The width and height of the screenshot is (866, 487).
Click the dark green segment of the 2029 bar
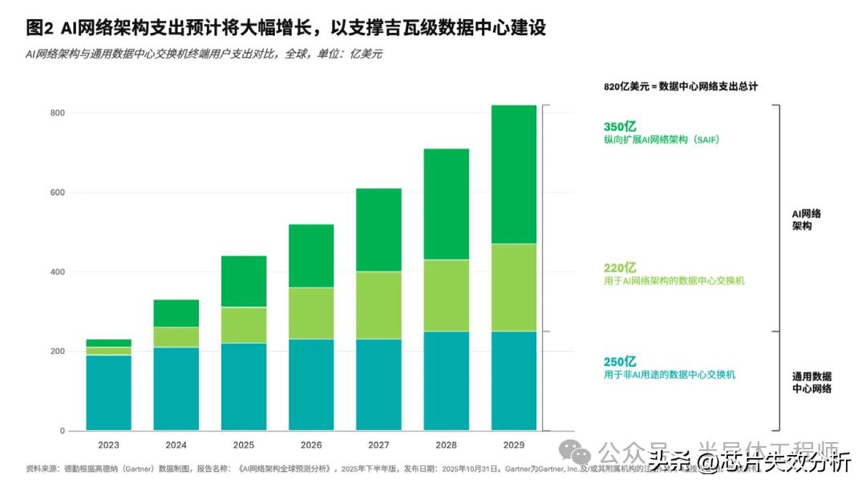pos(513,174)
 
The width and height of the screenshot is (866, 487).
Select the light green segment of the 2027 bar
pos(378,305)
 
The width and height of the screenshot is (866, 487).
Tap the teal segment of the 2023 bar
pos(109,392)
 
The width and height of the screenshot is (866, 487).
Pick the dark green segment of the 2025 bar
pos(244,281)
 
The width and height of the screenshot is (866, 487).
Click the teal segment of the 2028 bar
pos(446,380)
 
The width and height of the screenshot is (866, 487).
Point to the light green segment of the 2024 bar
pos(176,337)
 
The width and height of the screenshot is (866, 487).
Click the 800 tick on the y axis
pos(55,113)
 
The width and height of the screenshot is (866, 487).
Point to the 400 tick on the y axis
pos(55,272)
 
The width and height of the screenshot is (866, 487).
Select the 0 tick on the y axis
pos(61,432)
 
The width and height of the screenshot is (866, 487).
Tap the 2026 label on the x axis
pos(311,444)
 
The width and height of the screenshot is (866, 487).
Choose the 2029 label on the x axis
pos(513,444)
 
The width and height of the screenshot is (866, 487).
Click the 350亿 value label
pos(620,126)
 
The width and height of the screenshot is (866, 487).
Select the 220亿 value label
pos(620,268)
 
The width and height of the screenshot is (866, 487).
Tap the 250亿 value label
pos(620,361)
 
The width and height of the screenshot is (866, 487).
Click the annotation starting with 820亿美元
pos(681,86)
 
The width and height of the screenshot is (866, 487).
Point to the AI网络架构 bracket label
pos(806,220)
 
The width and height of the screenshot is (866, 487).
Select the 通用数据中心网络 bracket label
pos(811,382)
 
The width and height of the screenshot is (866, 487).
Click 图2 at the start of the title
pos(39,28)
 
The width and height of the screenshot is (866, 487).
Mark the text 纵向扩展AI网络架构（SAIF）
pos(662,140)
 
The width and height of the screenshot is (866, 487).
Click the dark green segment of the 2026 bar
pos(311,256)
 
